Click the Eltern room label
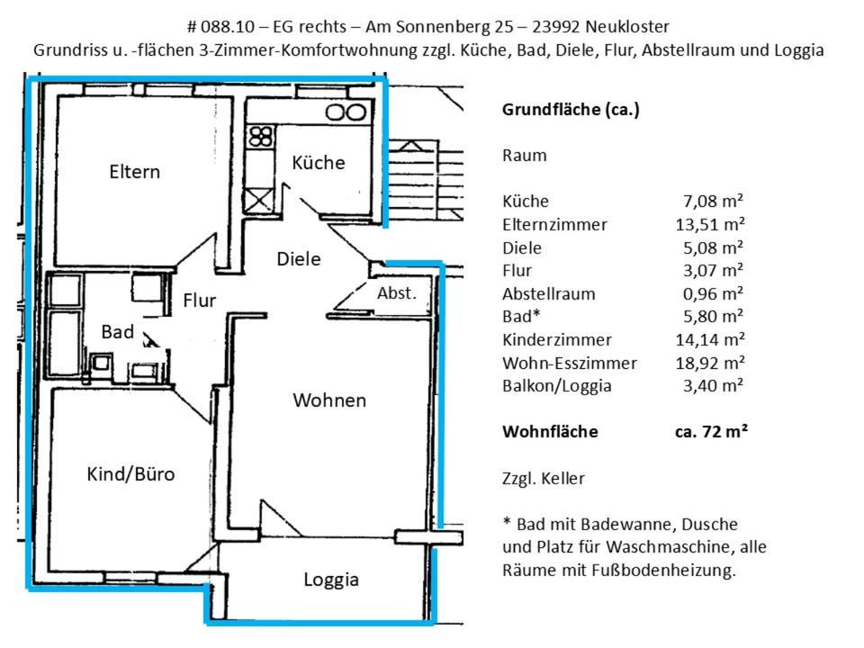click(x=134, y=171)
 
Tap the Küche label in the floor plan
click(x=319, y=163)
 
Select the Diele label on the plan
click(x=299, y=258)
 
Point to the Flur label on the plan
click(x=199, y=301)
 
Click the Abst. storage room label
click(x=397, y=293)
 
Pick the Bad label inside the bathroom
click(x=117, y=331)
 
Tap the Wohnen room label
click(x=329, y=400)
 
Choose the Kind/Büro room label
click(x=130, y=474)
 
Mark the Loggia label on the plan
click(x=330, y=580)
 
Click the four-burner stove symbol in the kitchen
click(x=261, y=138)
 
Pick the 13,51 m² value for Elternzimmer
click(x=710, y=224)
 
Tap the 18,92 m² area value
click(x=710, y=363)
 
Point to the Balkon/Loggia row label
click(x=557, y=386)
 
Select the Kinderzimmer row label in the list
click(x=557, y=340)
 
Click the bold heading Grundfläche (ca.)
click(x=571, y=110)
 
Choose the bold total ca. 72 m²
click(x=712, y=431)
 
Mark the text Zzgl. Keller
click(x=544, y=478)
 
